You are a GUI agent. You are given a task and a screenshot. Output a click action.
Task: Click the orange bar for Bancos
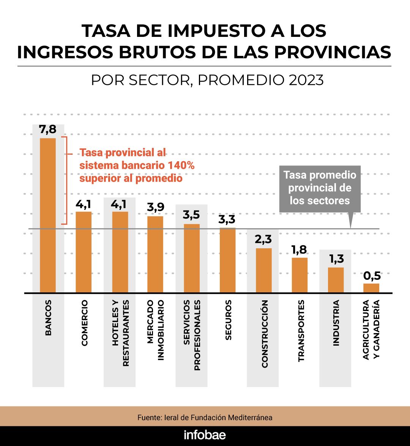tap(48, 215)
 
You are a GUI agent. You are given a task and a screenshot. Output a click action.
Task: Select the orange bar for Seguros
tap(228, 260)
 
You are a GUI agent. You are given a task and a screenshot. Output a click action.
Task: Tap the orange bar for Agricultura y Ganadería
tap(371, 288)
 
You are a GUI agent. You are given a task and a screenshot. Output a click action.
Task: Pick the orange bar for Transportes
tap(300, 275)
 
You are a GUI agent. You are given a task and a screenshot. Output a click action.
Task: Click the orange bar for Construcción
tap(264, 270)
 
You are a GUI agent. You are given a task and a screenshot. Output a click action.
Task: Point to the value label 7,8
tap(48, 130)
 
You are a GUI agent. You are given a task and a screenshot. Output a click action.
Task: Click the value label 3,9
tap(155, 208)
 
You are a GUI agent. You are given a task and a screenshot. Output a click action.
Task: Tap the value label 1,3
tap(336, 259)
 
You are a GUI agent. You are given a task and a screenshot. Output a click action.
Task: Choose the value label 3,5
tap(191, 215)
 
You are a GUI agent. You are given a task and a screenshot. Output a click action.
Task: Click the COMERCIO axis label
tap(84, 323)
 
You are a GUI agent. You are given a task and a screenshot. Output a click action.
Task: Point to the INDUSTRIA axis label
tap(336, 323)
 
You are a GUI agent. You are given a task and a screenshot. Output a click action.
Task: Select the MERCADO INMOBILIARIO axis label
tap(155, 330)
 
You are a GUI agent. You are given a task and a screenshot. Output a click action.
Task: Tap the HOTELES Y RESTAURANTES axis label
tap(120, 333)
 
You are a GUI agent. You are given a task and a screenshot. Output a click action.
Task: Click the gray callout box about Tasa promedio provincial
tap(320, 188)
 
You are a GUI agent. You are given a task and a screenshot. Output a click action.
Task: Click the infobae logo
tap(205, 435)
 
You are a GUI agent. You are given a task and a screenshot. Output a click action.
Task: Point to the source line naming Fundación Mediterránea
tap(205, 417)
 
